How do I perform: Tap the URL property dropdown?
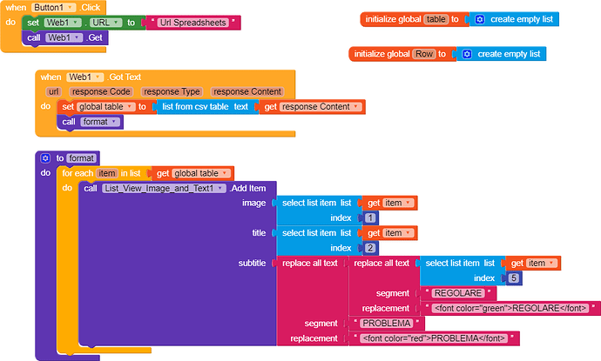coord(105,23)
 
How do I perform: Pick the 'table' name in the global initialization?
coord(435,19)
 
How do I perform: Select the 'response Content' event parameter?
coord(247,91)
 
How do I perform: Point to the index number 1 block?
coord(371,218)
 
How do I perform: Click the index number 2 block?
coord(371,248)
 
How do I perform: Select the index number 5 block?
coord(513,278)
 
